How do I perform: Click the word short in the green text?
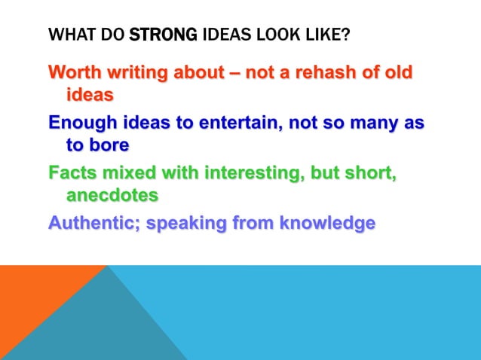[x=369, y=174]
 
